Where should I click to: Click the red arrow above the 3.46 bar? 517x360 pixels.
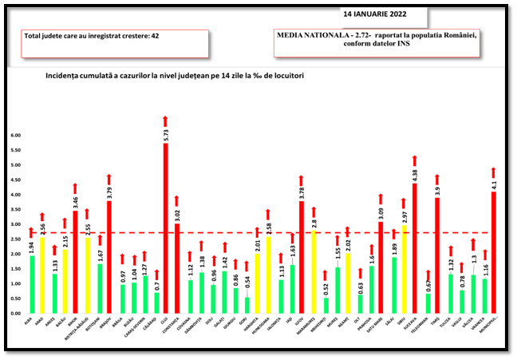tap(75, 188)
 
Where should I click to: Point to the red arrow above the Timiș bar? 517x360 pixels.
tap(437, 179)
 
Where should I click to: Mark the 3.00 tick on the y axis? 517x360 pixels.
tap(15, 224)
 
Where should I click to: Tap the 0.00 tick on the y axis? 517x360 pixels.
tap(15, 313)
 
